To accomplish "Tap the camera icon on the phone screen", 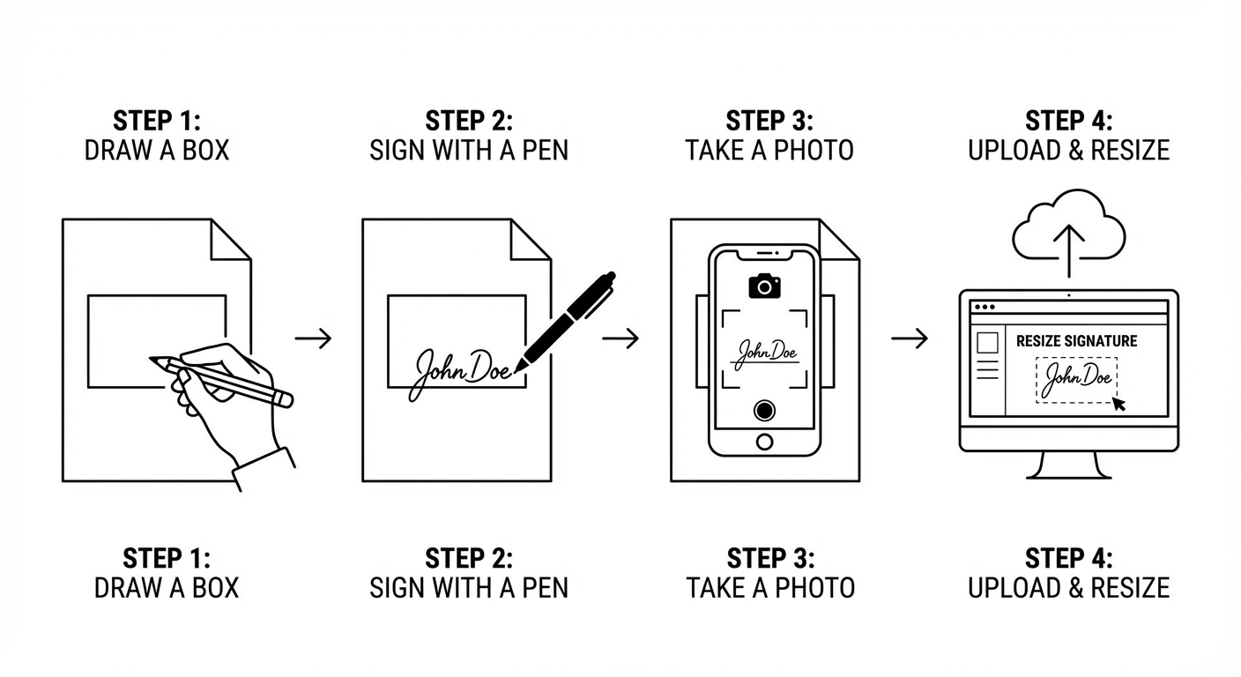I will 764,286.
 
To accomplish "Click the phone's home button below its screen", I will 764,442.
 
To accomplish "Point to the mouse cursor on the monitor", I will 1118,404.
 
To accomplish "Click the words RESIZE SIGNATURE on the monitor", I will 1076,341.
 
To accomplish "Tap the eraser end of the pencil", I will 286,400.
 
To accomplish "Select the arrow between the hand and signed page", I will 313,338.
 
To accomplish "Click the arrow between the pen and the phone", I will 620,338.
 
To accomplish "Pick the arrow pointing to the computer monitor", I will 909,338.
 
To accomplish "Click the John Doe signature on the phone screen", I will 765,353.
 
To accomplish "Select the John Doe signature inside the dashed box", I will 1075,380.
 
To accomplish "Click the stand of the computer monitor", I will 1068,465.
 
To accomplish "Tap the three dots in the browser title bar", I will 985,308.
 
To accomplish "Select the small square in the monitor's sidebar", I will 987,342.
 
